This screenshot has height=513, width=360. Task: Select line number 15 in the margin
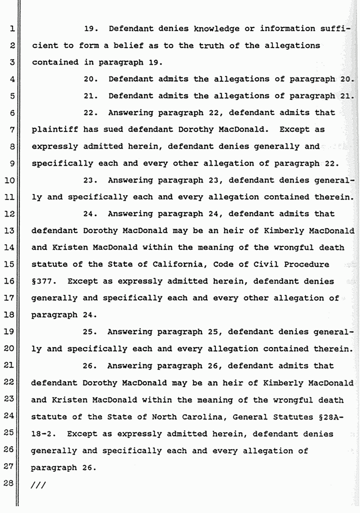click(11, 265)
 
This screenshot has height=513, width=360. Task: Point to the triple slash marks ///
click(39, 485)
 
